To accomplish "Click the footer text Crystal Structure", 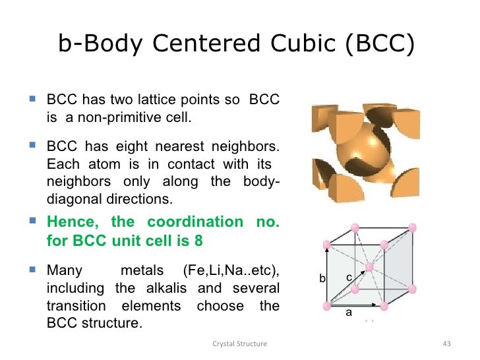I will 239,344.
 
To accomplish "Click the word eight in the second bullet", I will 129,146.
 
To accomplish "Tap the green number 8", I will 198,240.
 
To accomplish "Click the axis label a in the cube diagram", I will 349,313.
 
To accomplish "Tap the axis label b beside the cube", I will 322,279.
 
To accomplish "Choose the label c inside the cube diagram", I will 349,278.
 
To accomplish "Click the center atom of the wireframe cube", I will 369,268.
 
